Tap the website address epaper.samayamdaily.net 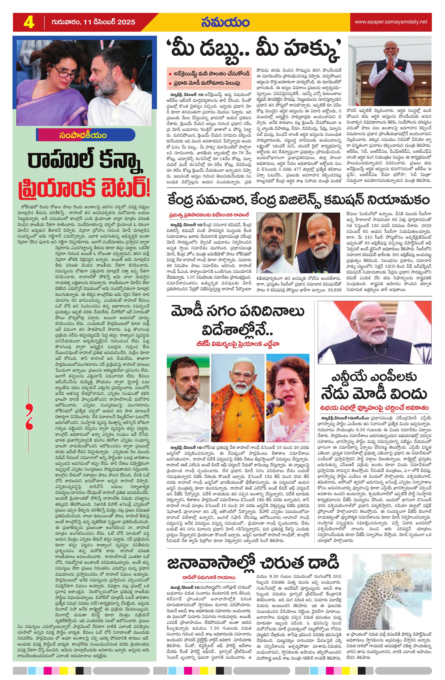pyautogui.click(x=391, y=22)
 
